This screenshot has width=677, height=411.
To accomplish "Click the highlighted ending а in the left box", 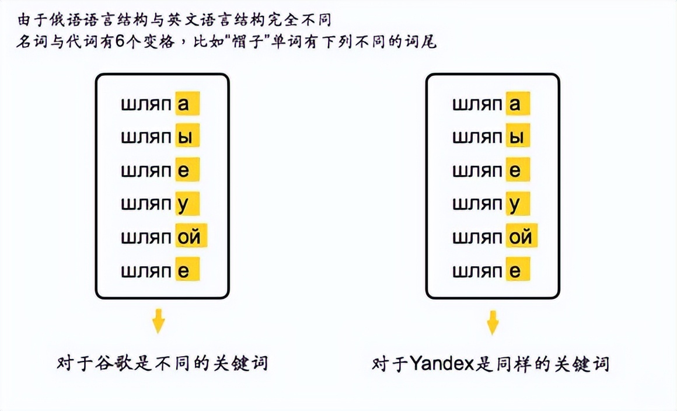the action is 187,103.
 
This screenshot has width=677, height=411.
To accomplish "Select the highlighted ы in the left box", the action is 187,137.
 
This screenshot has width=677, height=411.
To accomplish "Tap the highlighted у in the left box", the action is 187,203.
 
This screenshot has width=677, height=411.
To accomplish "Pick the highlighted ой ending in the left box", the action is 191,236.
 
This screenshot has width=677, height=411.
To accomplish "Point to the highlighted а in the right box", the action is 518,103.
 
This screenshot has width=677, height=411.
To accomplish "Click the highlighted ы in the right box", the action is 518,137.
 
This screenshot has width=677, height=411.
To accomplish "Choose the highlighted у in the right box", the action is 518,203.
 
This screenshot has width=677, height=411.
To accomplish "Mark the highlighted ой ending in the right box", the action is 522,236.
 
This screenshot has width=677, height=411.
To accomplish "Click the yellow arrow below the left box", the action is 159,321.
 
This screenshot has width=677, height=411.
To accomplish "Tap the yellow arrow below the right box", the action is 493,322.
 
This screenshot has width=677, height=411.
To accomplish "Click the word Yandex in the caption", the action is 442,364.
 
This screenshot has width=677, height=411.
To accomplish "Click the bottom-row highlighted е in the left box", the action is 187,269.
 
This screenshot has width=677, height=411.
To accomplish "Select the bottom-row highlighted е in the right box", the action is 518,269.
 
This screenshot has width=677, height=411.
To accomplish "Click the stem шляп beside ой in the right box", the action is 477,237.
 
